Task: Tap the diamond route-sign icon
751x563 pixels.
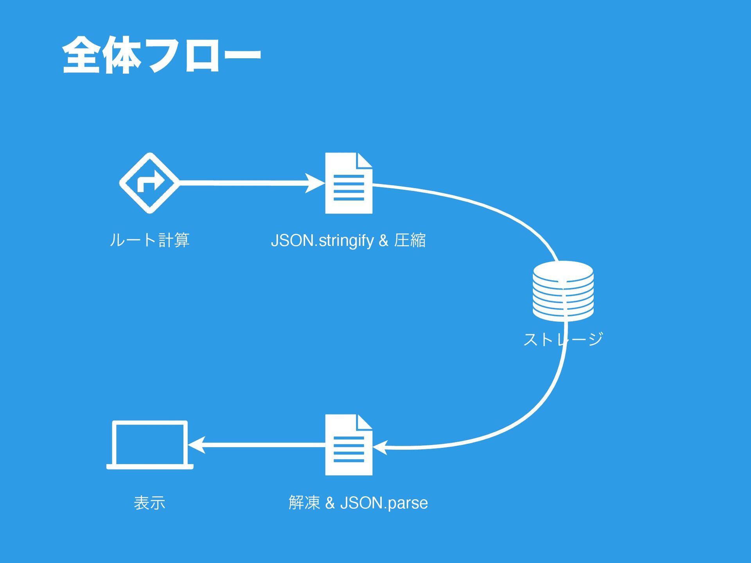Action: tap(149, 183)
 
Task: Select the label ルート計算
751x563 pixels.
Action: tap(149, 240)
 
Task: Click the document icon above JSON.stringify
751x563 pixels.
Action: tap(349, 183)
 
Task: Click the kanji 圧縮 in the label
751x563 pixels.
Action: tap(410, 240)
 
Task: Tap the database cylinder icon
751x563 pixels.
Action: tap(563, 291)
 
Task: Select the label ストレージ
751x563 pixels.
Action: tap(563, 339)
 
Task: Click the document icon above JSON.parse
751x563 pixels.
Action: tap(349, 445)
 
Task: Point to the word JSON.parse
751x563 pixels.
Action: tap(384, 503)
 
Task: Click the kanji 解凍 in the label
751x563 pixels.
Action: tap(304, 502)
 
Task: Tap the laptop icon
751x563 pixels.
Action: tap(150, 445)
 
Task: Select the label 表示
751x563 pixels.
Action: tap(149, 502)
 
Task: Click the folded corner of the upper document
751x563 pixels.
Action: tap(364, 160)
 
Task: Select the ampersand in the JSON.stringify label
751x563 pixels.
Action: tap(383, 240)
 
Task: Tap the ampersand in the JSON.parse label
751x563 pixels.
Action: tap(330, 503)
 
